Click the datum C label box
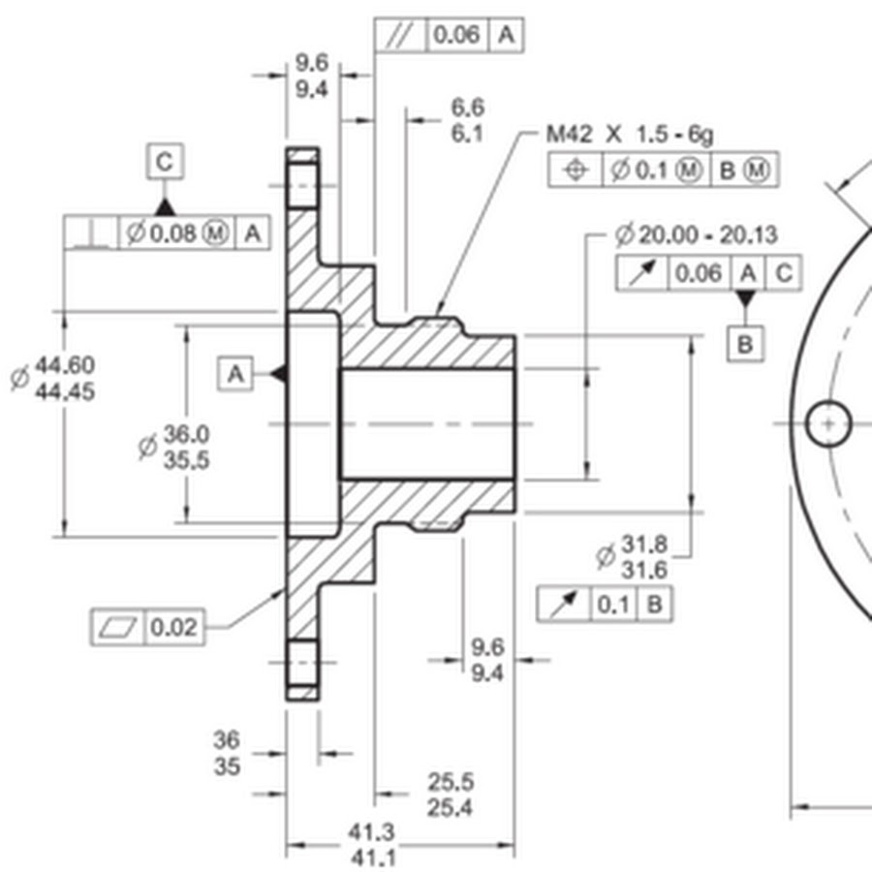click(165, 162)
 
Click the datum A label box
click(235, 374)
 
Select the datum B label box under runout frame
click(745, 344)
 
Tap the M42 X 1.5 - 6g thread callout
click(629, 135)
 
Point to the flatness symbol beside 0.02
click(118, 627)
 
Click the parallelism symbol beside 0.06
click(400, 36)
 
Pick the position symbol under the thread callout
click(576, 169)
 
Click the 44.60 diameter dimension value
click(65, 365)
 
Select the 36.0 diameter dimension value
click(186, 434)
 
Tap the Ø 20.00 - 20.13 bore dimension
click(697, 234)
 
